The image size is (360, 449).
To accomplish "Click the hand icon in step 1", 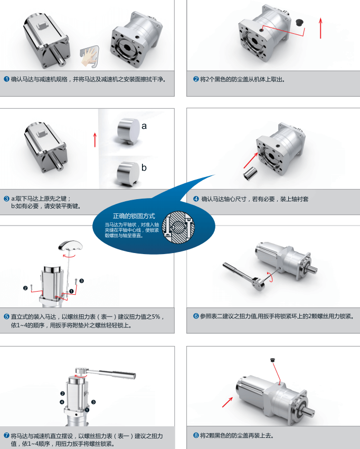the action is [90, 56].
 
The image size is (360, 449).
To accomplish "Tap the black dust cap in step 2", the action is [299, 22].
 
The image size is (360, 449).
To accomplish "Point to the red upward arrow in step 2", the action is [320, 28].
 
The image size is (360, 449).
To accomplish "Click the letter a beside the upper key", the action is [144, 126].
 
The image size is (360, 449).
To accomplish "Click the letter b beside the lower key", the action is [144, 167].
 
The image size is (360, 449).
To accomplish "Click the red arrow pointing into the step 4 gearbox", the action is [251, 161].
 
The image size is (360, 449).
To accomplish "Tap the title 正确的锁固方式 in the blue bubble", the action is [134, 216].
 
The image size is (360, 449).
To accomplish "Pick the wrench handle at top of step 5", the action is [70, 246].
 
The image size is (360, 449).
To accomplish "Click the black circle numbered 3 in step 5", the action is [82, 280].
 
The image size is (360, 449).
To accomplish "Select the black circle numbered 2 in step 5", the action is [25, 288].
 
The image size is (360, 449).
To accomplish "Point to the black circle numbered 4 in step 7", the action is [62, 402].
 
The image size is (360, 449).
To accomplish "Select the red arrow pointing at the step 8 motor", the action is [228, 402].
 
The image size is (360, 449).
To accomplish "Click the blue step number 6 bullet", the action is [196, 316].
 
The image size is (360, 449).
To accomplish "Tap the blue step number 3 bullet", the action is [6, 199].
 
